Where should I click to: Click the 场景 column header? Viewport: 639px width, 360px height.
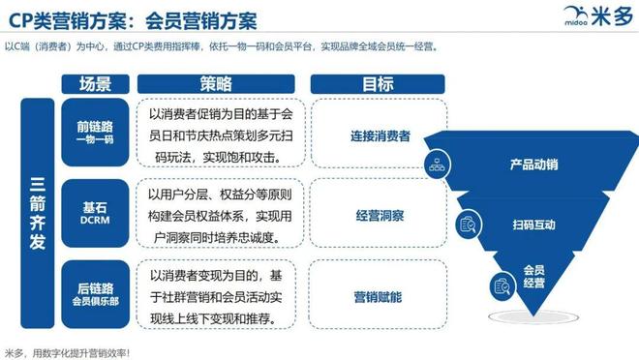coord(95,83)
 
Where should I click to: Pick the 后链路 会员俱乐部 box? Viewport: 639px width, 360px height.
coord(95,286)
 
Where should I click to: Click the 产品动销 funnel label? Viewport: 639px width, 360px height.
coord(534,165)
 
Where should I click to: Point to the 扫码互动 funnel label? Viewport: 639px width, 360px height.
coord(532,225)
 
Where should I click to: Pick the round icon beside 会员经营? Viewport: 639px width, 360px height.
coord(502,285)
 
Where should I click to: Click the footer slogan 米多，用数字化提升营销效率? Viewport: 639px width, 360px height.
coord(68,351)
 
